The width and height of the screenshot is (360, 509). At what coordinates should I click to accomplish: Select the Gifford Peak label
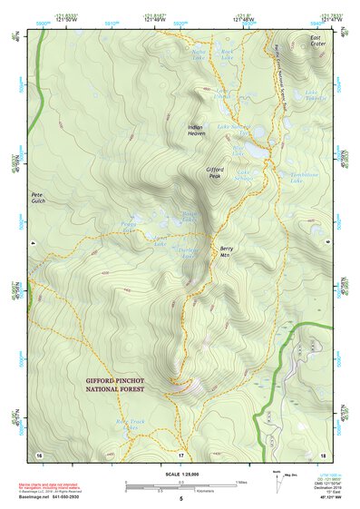(215, 171)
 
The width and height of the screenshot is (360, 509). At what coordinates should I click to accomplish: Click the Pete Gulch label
(38, 197)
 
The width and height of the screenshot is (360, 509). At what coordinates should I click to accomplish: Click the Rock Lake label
(228, 56)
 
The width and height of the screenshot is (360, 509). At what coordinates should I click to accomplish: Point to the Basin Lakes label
(189, 219)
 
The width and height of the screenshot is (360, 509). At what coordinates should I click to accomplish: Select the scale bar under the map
(181, 485)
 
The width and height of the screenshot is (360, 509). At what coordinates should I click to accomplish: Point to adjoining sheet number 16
(39, 453)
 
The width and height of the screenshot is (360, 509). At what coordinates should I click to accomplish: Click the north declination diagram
(277, 479)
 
